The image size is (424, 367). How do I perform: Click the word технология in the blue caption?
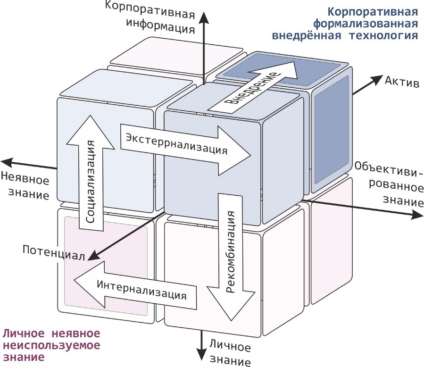click(382, 35)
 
